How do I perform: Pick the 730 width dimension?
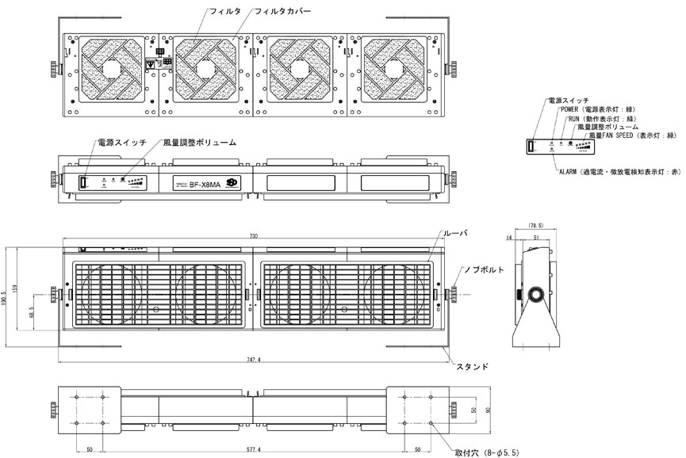pos(253,236)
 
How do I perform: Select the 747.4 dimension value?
pos(253,359)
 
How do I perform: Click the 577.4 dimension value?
pos(253,448)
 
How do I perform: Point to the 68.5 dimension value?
pos(31,314)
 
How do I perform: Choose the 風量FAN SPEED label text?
pos(629,135)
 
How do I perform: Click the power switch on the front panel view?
pos(82,183)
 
